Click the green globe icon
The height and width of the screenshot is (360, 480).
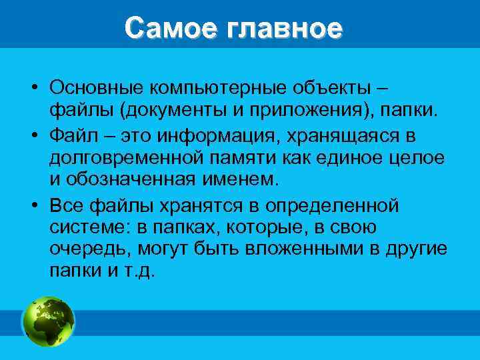click(x=49, y=321)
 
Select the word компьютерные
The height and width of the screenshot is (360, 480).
click(x=213, y=88)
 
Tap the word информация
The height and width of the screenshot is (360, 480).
click(x=219, y=137)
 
